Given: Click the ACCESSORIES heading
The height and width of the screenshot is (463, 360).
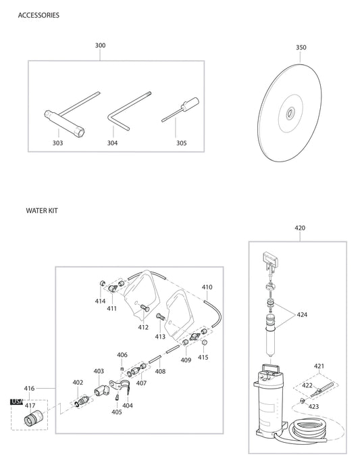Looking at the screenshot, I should pos(38,15).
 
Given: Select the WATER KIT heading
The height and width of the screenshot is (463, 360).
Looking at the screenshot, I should pos(42,211).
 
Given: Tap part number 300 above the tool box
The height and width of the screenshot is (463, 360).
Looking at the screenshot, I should pos(101,46).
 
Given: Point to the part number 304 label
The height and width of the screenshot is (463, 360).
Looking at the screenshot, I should pos(112,143).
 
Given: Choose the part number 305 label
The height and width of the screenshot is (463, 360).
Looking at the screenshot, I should pos(181,143).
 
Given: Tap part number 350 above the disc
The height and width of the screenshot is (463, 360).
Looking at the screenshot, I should pos(301,48).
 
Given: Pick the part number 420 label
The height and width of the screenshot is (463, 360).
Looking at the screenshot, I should pos(301,228).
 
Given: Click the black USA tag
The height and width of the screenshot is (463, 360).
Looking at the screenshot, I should pos(17,401).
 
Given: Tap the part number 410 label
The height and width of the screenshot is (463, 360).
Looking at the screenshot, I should pos(207,287).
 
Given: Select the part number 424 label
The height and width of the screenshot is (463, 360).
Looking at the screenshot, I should pos(302,314).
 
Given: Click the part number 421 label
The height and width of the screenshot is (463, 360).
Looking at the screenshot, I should pos(319,366).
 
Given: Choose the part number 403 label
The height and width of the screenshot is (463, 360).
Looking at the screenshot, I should pos(99,371).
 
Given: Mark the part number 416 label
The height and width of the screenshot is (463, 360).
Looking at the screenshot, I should pos(29,389).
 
